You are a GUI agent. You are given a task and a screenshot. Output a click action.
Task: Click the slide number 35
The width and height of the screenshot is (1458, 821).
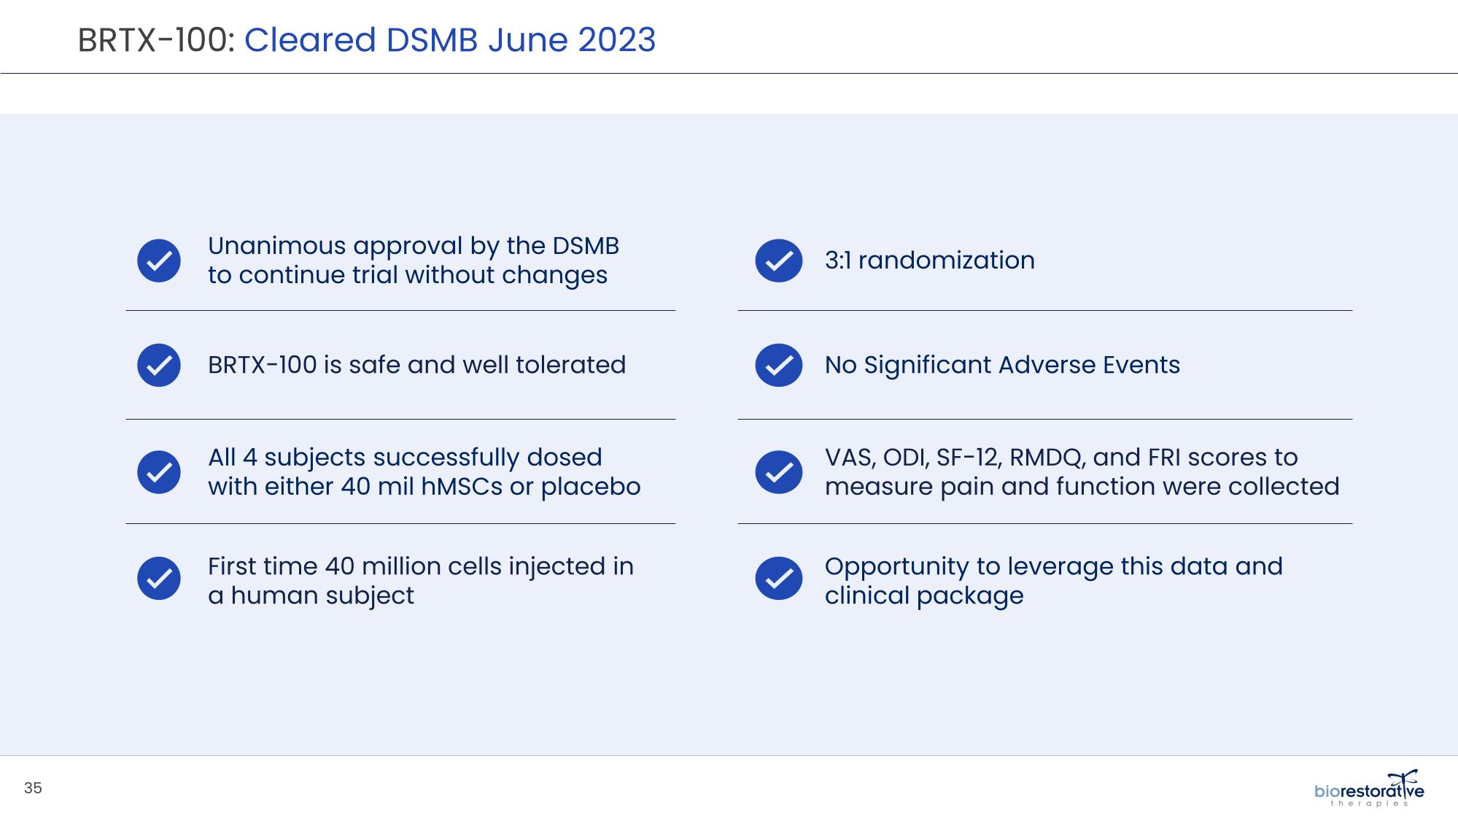[33, 788]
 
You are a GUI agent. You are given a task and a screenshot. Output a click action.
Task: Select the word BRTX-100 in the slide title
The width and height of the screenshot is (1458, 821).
[153, 39]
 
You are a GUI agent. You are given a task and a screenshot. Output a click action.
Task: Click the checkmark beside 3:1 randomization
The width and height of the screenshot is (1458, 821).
[779, 261]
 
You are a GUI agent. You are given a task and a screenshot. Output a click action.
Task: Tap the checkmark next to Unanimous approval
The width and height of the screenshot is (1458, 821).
[159, 261]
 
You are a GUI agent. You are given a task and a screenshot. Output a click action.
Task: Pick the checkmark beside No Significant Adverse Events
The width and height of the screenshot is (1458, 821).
[779, 365]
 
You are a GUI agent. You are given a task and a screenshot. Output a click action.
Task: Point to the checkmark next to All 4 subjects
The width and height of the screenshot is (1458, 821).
[159, 472]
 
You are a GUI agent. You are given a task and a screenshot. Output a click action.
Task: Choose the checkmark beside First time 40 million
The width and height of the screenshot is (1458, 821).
[159, 578]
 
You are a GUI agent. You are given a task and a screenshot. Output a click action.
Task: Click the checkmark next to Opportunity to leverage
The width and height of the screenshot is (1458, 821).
[779, 578]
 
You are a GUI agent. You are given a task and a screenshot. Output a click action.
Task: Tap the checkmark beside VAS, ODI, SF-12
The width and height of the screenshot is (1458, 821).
[779, 472]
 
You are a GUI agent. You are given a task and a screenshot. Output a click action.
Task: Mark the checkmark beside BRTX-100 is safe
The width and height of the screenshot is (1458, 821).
[159, 365]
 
